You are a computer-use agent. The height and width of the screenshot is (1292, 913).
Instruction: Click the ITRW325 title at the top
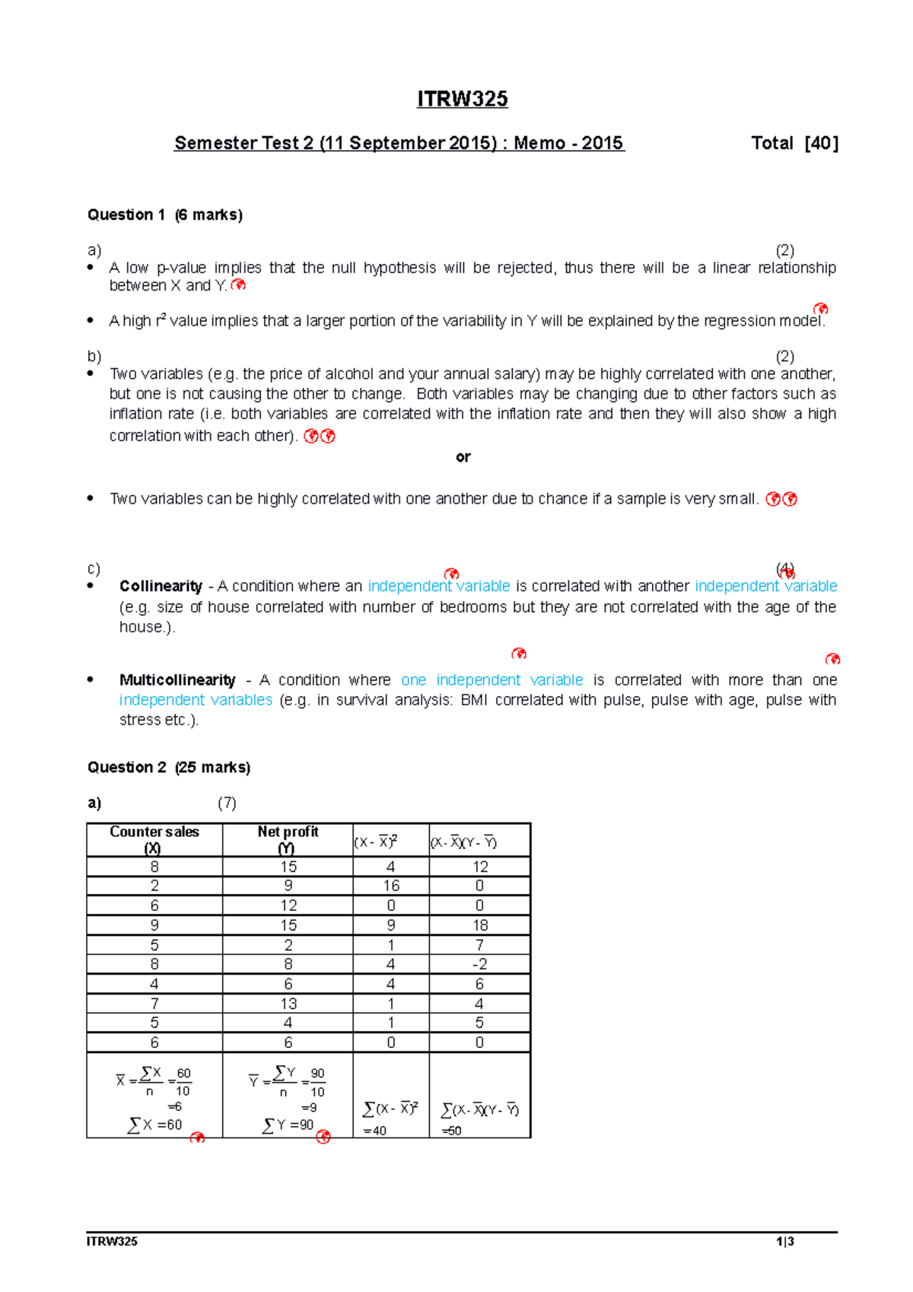[x=462, y=100]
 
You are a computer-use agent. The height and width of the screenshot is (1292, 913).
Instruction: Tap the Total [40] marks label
[x=794, y=143]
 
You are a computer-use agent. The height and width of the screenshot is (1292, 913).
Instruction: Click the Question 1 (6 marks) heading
[x=165, y=215]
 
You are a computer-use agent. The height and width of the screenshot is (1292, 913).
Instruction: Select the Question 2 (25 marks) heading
[x=169, y=768]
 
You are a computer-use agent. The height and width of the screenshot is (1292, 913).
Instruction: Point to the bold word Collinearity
[x=161, y=587]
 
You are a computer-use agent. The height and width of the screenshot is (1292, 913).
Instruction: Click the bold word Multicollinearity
[x=177, y=680]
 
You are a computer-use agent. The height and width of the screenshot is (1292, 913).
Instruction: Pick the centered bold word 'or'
[x=463, y=457]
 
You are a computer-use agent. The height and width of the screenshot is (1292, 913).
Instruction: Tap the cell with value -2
[x=479, y=964]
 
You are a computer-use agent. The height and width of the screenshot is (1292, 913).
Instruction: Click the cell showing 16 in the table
[x=391, y=886]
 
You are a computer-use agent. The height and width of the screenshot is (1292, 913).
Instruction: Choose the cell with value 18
[x=479, y=925]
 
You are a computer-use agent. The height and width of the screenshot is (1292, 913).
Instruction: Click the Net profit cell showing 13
[x=288, y=1004]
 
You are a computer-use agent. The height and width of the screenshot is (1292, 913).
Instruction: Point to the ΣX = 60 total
[x=155, y=1125]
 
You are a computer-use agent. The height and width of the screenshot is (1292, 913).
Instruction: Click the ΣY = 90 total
[x=288, y=1125]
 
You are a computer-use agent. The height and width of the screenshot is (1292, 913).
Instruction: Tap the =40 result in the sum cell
[x=375, y=1131]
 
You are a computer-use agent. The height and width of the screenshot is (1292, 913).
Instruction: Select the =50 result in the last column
[x=452, y=1131]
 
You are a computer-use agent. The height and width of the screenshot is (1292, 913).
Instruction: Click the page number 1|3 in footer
[x=785, y=1242]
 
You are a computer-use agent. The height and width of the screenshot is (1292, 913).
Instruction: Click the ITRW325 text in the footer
[x=112, y=1242]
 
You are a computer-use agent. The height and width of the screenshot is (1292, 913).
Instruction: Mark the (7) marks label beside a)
[x=227, y=804]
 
